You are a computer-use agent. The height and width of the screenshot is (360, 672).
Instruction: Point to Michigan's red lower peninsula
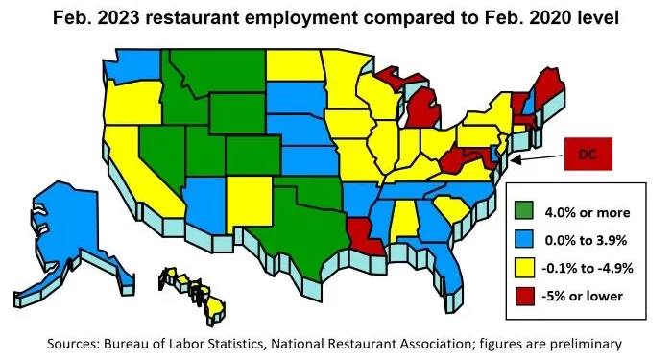pyautogui.click(x=422, y=110)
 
